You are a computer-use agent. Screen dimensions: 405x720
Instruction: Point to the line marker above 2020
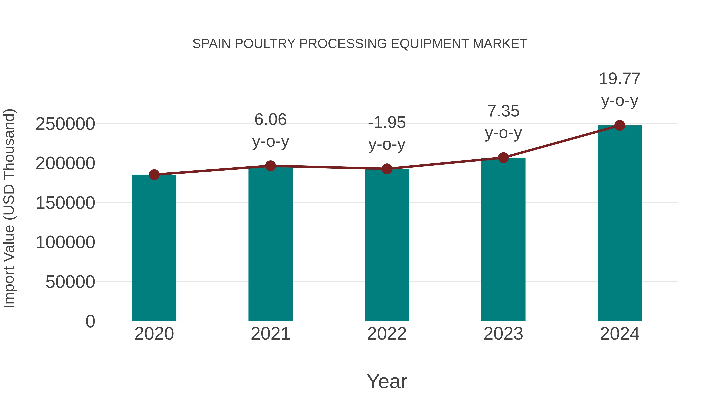(154, 175)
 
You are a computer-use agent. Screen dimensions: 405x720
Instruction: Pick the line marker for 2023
(503, 158)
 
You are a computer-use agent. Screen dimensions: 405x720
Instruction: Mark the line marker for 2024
(620, 125)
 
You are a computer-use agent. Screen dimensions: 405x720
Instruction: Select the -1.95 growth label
(387, 123)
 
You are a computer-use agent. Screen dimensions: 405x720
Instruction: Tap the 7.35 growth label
(503, 111)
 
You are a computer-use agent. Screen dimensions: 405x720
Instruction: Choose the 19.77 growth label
(620, 79)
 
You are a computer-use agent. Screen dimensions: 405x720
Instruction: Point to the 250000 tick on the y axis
(65, 124)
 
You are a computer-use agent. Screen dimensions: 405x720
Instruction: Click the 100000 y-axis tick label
(65, 242)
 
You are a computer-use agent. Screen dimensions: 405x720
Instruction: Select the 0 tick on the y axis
(90, 321)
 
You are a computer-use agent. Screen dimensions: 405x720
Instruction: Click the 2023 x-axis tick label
(503, 334)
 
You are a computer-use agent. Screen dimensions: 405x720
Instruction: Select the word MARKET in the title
(500, 44)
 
